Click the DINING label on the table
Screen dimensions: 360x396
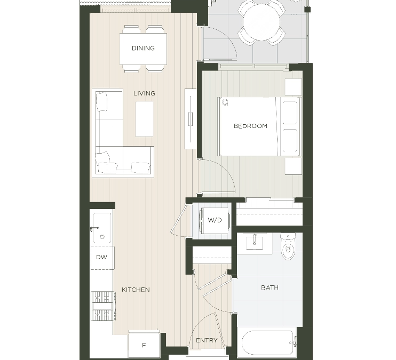pyautogui.click(x=143, y=48)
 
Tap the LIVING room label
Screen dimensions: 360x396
pyautogui.click(x=144, y=93)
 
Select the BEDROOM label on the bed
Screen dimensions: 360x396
pyautogui.click(x=250, y=126)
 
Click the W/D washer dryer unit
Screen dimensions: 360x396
pyautogui.click(x=215, y=220)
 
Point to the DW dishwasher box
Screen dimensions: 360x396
pyautogui.click(x=101, y=257)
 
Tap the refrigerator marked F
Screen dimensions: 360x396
pyautogui.click(x=144, y=345)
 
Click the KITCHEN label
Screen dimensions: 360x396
pyautogui.click(x=136, y=290)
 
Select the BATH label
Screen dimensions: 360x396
pyautogui.click(x=270, y=287)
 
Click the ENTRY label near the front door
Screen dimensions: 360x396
pyautogui.click(x=206, y=340)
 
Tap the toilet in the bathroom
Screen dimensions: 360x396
pyautogui.click(x=288, y=247)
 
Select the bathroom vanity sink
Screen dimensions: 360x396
pyautogui.click(x=254, y=243)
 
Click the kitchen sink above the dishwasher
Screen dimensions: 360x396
pyautogui.click(x=101, y=228)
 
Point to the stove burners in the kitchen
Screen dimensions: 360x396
pyautogui.click(x=101, y=305)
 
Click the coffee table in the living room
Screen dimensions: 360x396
pyautogui.click(x=144, y=119)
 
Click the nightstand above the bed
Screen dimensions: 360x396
pyautogui.click(x=293, y=87)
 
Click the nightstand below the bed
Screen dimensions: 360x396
pyautogui.click(x=293, y=166)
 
